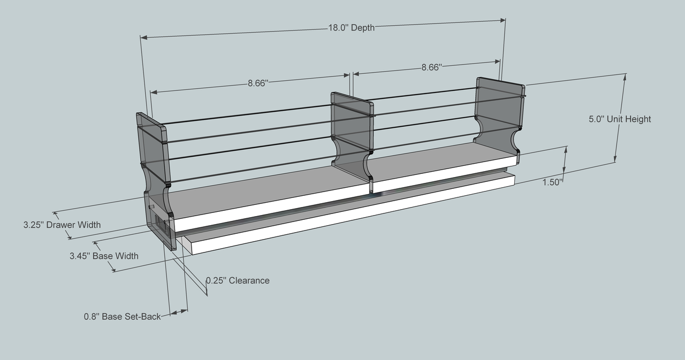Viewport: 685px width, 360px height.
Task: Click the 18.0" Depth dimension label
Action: point(351,28)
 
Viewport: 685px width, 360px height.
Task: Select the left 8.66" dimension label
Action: point(257,83)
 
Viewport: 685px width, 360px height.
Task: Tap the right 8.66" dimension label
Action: point(431,67)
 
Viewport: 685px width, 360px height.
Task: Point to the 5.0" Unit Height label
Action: point(620,119)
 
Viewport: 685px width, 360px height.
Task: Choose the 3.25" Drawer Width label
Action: point(62,225)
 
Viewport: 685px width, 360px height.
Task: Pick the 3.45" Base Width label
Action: point(104,256)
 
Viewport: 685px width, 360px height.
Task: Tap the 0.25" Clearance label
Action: point(238,280)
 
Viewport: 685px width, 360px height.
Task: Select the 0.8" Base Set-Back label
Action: point(122,316)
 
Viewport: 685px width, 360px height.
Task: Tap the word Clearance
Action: point(249,280)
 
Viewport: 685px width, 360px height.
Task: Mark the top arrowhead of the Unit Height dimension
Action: point(623,77)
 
